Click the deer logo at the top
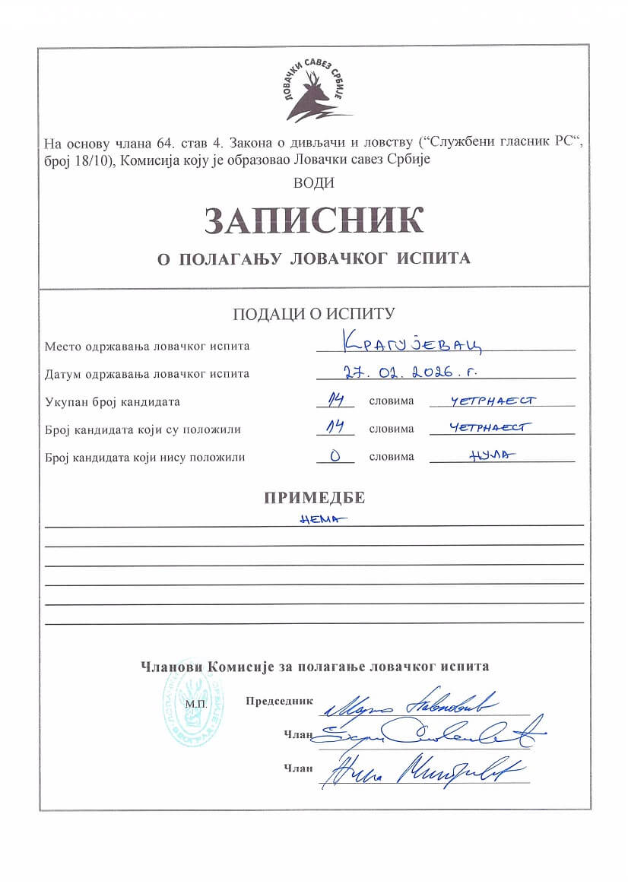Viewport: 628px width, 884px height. click(x=313, y=92)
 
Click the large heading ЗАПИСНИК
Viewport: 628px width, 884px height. click(x=313, y=220)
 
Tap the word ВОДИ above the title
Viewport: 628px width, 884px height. click(x=313, y=182)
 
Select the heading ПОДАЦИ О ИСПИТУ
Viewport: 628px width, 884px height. click(x=313, y=314)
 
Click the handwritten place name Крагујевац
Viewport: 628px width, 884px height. click(x=411, y=344)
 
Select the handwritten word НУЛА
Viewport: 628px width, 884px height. click(x=487, y=455)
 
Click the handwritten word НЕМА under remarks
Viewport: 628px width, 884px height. click(x=319, y=518)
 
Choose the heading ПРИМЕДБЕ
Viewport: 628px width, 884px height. click(x=314, y=499)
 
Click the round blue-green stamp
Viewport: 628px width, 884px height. click(x=194, y=711)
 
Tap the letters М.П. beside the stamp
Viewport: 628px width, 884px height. click(x=195, y=705)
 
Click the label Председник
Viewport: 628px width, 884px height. click(x=279, y=701)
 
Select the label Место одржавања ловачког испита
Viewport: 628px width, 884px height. click(x=147, y=347)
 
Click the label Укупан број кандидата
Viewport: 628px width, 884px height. click(x=112, y=402)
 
